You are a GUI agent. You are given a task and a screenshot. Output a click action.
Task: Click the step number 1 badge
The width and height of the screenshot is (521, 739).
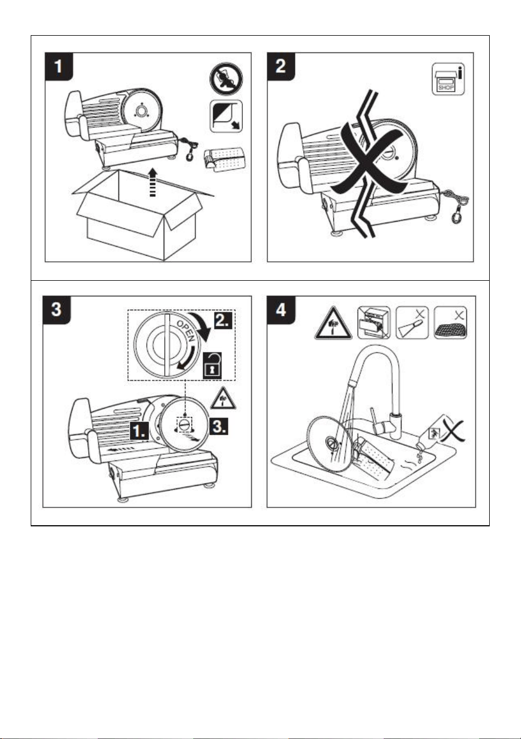coord(59,66)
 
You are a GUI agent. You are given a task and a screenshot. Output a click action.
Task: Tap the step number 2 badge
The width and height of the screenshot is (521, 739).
coord(281,66)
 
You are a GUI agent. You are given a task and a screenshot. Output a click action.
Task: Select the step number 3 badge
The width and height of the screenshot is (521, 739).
coord(56,310)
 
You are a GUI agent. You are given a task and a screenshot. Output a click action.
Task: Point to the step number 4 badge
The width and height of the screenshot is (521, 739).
coord(281,310)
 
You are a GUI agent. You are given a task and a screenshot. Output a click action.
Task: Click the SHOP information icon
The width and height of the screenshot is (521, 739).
coord(448,79)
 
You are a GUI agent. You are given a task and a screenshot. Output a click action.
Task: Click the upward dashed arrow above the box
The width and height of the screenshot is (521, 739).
coord(152,182)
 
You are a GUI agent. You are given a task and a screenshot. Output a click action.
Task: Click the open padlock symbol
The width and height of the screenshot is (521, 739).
coord(212,365)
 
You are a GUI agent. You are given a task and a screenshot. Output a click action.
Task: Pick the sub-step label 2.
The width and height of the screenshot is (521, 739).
coord(223,320)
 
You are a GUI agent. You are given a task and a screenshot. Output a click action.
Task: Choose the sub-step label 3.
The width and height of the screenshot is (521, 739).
coord(219,426)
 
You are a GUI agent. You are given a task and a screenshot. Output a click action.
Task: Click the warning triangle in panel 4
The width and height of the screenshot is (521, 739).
coord(333,324)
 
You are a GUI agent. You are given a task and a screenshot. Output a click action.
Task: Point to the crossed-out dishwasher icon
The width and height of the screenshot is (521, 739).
coord(374,323)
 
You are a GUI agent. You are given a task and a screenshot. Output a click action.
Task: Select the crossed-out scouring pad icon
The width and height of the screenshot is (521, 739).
coord(451,323)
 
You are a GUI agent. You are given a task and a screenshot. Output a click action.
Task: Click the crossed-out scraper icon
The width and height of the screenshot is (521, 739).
coord(412,323)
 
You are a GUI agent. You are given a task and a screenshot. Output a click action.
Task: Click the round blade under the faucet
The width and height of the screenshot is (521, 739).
coord(329,444)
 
